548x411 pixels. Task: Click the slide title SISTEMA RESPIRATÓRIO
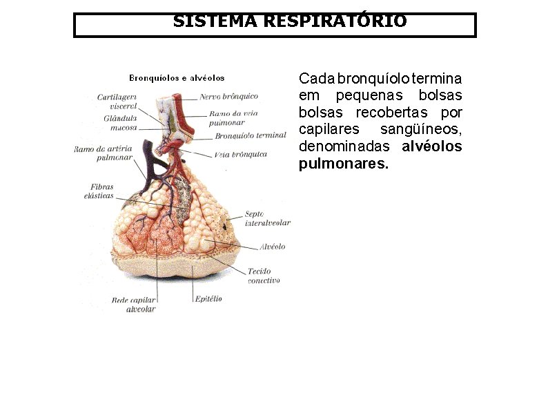click(x=289, y=22)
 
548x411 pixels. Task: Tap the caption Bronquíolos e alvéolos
click(x=177, y=78)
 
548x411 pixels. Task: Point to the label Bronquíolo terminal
click(x=250, y=136)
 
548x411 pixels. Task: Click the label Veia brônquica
click(x=241, y=155)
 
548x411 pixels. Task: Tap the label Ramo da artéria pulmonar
click(x=103, y=153)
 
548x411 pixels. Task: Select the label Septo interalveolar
click(x=267, y=218)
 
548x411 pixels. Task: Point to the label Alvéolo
click(x=272, y=247)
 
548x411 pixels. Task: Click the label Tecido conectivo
click(x=263, y=276)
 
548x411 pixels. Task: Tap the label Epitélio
click(x=208, y=298)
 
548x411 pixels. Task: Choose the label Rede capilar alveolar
click(x=135, y=305)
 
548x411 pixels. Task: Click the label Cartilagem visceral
click(x=118, y=102)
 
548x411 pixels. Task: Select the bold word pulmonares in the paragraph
click(x=343, y=164)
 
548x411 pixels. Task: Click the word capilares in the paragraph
click(x=325, y=129)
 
